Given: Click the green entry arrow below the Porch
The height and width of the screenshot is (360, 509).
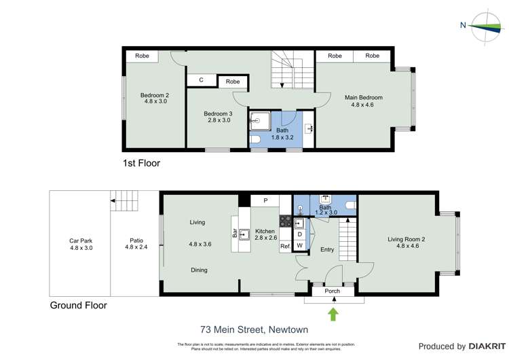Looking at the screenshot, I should [x=333, y=314].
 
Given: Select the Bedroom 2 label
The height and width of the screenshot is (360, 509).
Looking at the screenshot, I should [x=154, y=98].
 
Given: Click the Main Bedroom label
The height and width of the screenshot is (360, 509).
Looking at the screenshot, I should [x=366, y=101].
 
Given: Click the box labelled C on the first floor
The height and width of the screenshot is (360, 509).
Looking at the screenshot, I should [x=202, y=80].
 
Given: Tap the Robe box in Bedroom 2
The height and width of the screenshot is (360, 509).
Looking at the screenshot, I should [x=142, y=56].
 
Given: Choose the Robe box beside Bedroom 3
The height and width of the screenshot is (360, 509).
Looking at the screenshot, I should [x=233, y=82].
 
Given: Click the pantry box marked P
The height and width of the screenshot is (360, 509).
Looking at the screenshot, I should [x=265, y=200].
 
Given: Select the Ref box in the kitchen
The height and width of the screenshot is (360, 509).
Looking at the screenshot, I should [x=285, y=245].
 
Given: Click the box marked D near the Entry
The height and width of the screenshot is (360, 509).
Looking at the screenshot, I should [x=299, y=234].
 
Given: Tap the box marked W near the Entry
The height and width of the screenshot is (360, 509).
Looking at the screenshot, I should [x=299, y=245].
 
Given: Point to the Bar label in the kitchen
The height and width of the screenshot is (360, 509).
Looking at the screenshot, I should [x=235, y=234].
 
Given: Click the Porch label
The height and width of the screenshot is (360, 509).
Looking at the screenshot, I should [x=333, y=291].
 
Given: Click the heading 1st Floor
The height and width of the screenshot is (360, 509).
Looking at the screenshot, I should [x=141, y=163].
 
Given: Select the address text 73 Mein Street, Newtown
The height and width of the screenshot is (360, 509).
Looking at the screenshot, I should [x=254, y=329].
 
